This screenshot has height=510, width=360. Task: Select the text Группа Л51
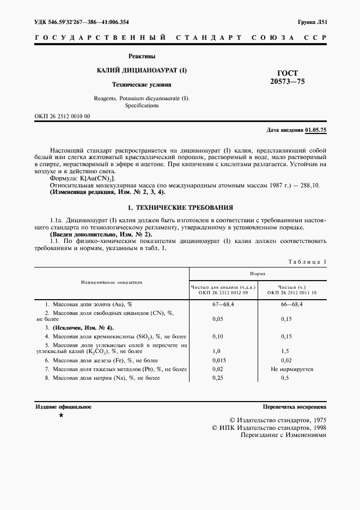coord(312,22)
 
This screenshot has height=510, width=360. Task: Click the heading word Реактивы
coord(142,56)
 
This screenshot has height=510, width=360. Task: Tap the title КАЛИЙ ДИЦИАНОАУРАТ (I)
coord(142,71)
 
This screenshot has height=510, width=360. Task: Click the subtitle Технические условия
coord(142,85)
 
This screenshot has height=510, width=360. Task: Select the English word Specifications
coord(141,105)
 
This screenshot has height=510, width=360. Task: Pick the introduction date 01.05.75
coord(315,130)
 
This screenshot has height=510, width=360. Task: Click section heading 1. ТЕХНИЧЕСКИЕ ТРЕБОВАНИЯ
coord(180,208)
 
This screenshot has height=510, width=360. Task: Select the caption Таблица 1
coord(307,262)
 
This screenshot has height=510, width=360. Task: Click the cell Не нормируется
coord(291,369)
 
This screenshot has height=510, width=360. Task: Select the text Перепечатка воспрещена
coord(294,406)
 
